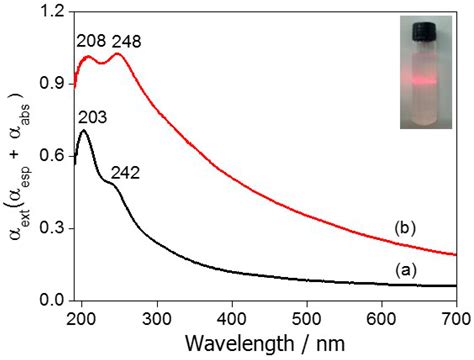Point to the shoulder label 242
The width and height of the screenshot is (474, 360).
(x=145, y=172)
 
